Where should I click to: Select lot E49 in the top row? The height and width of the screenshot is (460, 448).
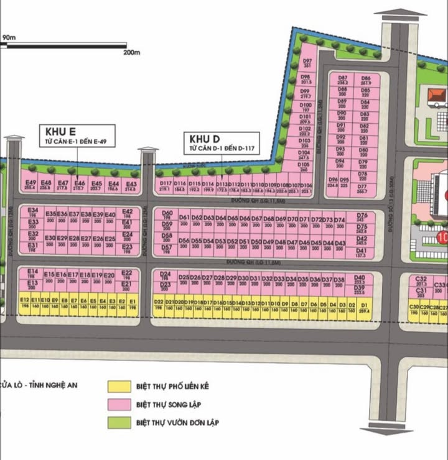(30, 185)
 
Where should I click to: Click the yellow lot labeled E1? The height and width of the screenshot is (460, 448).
(133, 303)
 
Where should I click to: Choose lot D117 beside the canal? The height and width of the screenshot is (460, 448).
(165, 186)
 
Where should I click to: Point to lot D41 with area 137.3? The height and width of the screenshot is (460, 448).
(361, 253)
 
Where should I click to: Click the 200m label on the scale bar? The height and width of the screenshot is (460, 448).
(133, 53)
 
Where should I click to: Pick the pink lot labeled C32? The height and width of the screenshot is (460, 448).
(421, 281)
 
